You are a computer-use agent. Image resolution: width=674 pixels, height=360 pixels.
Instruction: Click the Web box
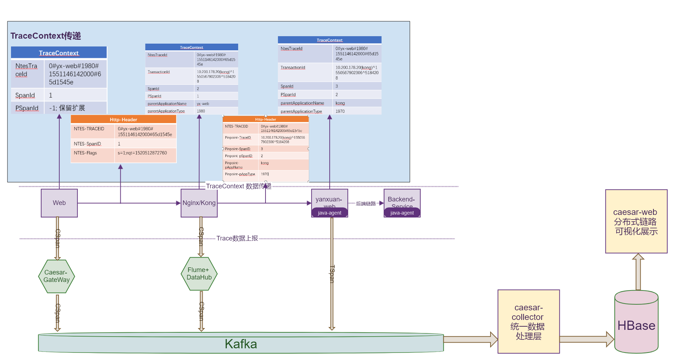point(59,203)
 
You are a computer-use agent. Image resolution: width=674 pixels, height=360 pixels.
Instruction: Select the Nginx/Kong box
point(199,203)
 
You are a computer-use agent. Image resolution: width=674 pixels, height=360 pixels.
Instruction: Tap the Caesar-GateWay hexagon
point(56,276)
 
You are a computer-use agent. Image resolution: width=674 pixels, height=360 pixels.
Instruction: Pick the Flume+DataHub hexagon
point(199,274)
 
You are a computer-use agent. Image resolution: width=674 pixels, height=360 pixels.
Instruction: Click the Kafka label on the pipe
point(241,344)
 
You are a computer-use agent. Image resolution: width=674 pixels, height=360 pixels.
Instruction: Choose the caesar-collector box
point(528,322)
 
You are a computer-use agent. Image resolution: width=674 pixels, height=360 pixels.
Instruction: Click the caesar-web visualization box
point(636,221)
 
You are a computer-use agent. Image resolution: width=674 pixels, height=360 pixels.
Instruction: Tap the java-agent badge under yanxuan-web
point(329,213)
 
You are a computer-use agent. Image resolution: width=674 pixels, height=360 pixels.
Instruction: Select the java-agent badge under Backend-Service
point(402,213)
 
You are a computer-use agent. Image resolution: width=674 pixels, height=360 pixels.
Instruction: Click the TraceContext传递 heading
point(46,36)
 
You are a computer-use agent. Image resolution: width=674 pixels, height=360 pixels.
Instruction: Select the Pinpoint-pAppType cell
point(240,175)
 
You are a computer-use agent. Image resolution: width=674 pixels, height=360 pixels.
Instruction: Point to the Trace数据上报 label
point(237,238)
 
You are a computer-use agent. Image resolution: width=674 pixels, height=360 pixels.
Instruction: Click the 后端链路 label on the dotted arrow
point(366,204)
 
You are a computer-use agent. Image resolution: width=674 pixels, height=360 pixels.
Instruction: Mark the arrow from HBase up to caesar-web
point(638,272)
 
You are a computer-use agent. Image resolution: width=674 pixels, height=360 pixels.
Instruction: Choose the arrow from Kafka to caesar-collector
point(471,339)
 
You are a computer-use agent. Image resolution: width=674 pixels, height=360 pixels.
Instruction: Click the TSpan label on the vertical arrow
point(332,274)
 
